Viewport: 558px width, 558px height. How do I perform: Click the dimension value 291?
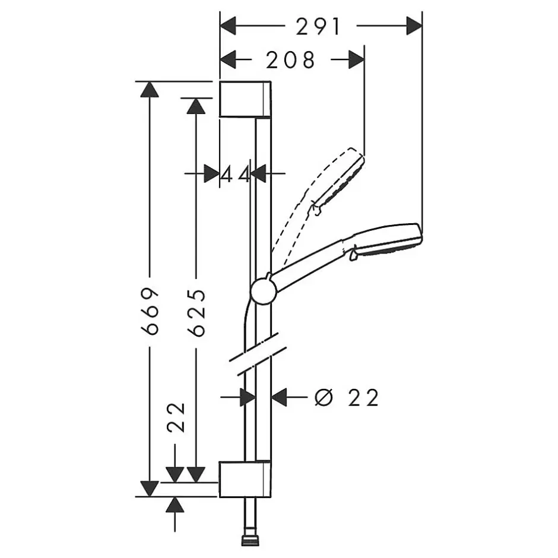[x=318, y=27]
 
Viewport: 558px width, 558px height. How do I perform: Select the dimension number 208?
[x=290, y=60]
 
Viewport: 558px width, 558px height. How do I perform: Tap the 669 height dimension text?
[x=150, y=312]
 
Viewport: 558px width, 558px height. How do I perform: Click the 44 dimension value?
[x=235, y=175]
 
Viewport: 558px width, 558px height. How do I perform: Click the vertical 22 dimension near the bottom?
[x=176, y=417]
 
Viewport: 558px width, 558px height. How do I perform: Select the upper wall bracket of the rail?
[x=245, y=99]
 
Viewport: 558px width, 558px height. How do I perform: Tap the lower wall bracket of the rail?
[x=245, y=479]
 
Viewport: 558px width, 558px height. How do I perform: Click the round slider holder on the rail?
[x=264, y=291]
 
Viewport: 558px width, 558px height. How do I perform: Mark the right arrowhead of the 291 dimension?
[x=414, y=26]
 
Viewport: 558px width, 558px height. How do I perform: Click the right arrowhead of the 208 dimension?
[x=356, y=59]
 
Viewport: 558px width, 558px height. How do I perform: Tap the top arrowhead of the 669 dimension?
[x=150, y=89]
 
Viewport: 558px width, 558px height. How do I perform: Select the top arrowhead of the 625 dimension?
[x=196, y=106]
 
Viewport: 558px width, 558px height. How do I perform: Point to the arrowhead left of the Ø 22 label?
[x=279, y=397]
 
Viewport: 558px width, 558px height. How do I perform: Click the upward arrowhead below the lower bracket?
[x=175, y=505]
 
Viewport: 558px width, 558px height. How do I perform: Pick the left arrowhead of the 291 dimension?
[x=228, y=26]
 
